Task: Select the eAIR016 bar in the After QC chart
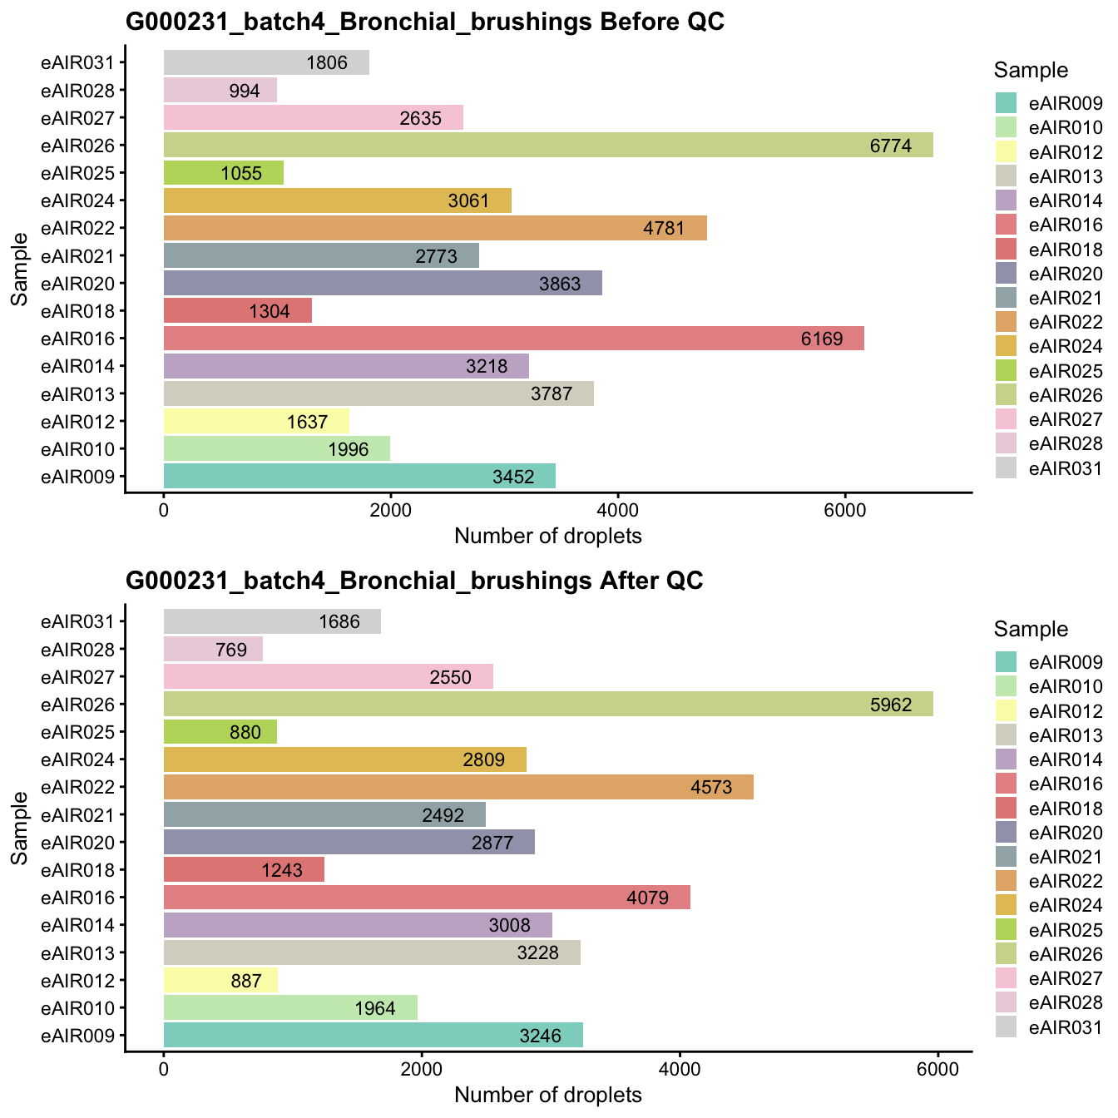tap(426, 898)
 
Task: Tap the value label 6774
tap(890, 146)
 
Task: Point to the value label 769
tap(230, 650)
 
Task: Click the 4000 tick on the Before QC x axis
tap(617, 509)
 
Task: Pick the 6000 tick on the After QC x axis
tap(937, 1068)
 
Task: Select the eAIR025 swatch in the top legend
tap(1007, 370)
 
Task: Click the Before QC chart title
tap(424, 22)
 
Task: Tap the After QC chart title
tap(414, 581)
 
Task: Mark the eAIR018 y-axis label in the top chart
tap(83, 311)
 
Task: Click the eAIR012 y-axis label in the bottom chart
tap(83, 981)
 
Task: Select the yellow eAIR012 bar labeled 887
tap(220, 981)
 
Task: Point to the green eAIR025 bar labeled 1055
tap(223, 173)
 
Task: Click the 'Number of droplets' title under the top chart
tap(548, 536)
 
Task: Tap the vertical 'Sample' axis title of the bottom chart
tap(20, 828)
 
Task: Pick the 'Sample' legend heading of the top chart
tap(1031, 71)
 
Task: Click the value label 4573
tap(711, 787)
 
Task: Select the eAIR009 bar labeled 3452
tap(359, 477)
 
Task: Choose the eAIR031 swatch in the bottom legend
tap(1007, 1027)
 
